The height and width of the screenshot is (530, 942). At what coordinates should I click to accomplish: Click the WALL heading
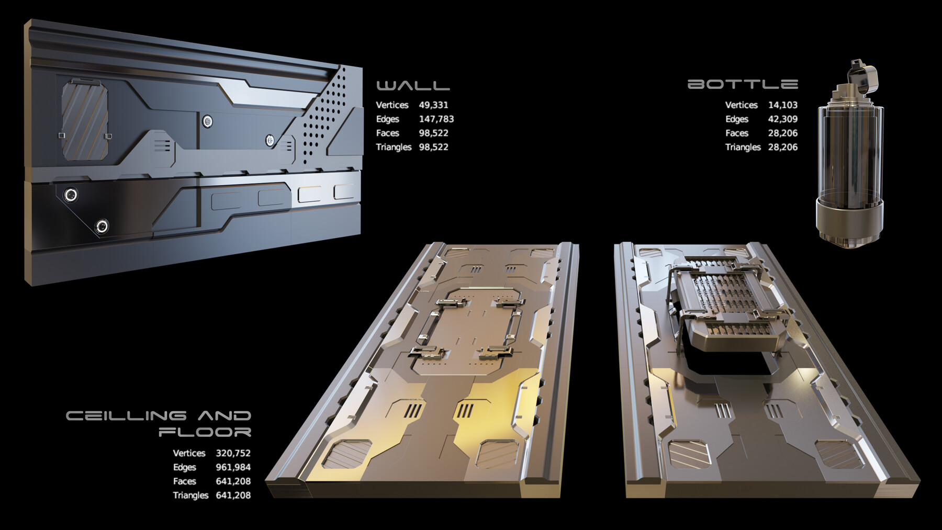[x=413, y=85]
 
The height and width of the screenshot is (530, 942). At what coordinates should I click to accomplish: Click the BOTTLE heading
[x=742, y=84]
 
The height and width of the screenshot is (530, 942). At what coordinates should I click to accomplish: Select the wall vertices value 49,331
[x=433, y=105]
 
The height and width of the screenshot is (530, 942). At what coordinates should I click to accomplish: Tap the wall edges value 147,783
[x=436, y=119]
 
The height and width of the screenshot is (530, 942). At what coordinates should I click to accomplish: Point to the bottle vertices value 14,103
[x=782, y=105]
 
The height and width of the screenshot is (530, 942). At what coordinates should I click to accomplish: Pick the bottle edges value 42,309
[x=782, y=119]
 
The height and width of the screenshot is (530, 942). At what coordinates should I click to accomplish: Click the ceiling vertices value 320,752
[x=233, y=453]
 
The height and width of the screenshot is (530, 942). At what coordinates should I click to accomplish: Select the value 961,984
[x=233, y=467]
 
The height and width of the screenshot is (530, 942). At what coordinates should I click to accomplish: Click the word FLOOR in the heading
[x=205, y=432]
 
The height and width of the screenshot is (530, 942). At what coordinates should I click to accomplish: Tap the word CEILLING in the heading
[x=126, y=416]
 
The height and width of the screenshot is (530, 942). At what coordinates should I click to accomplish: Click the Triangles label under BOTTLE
[x=743, y=147]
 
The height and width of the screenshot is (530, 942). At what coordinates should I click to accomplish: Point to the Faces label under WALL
[x=387, y=133]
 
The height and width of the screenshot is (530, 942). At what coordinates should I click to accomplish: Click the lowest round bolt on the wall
[x=102, y=227]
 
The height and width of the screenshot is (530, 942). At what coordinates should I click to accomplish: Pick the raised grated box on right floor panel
[x=727, y=303]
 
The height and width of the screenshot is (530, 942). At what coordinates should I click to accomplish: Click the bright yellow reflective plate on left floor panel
[x=492, y=413]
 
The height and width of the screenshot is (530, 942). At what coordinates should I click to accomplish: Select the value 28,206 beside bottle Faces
[x=782, y=133]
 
